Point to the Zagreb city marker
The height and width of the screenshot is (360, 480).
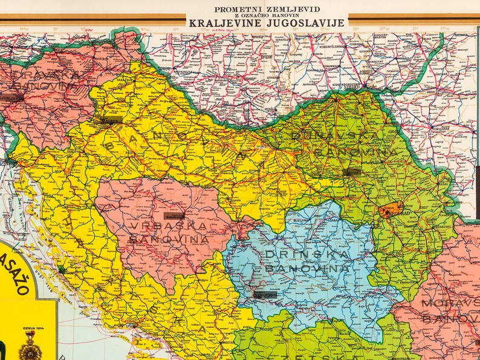tap(112, 120)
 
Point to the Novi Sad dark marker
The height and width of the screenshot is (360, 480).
tap(352, 172)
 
